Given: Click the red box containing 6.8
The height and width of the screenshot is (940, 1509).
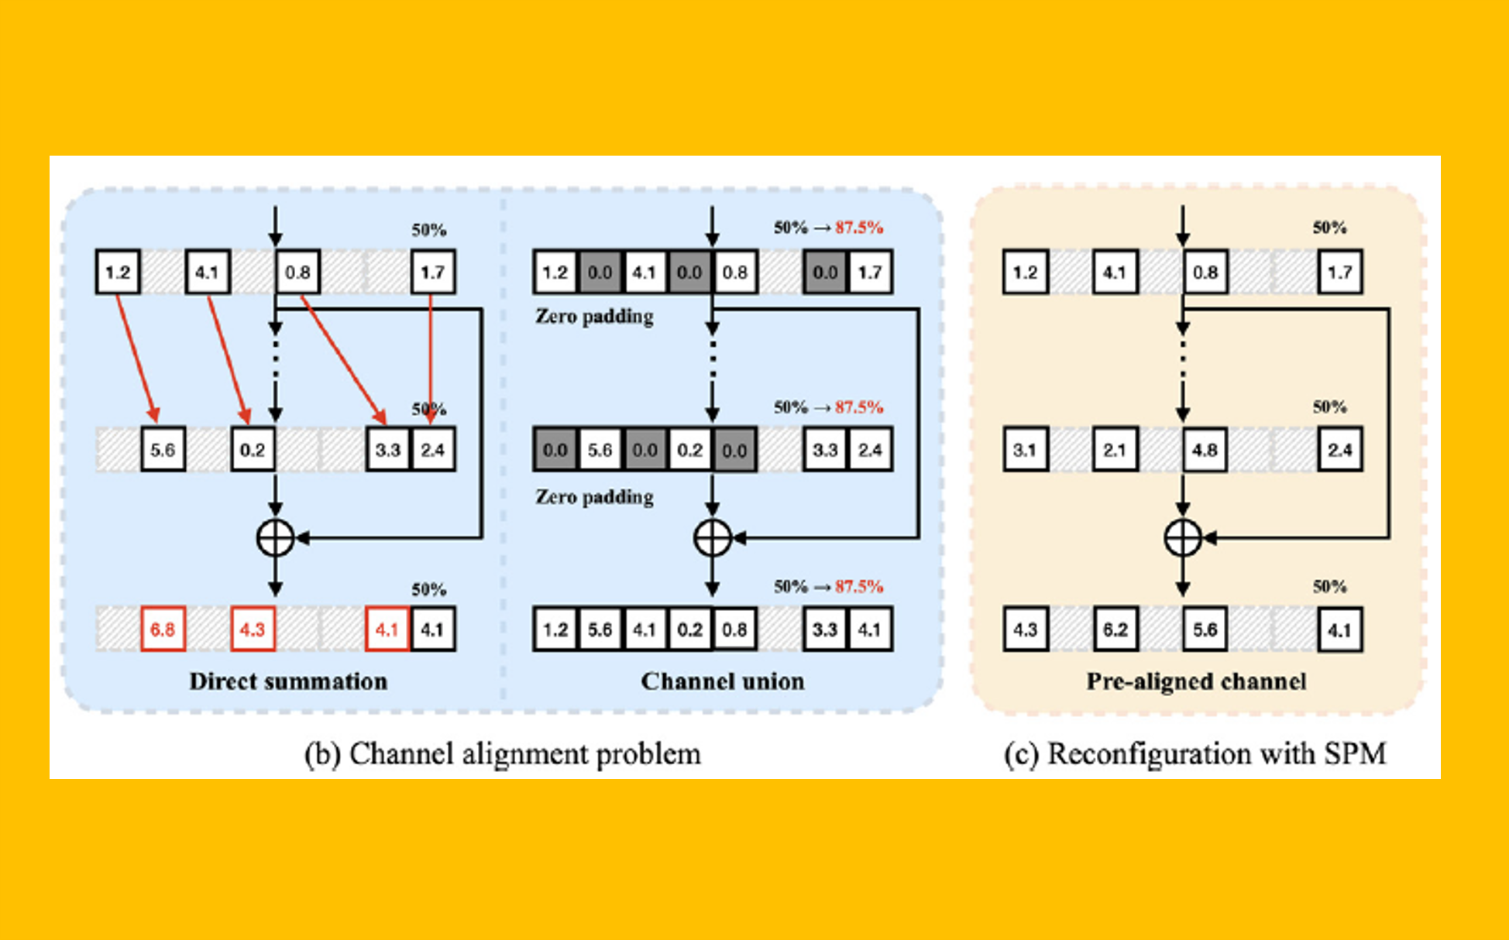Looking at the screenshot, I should tap(163, 629).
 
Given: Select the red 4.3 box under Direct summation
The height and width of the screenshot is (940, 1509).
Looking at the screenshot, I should tap(253, 629).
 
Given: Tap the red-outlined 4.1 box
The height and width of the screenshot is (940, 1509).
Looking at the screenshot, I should tap(387, 629).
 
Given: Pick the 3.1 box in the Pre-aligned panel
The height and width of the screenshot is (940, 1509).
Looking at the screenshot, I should tap(1025, 449).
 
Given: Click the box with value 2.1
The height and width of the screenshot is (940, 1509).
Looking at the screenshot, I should tap(1115, 449).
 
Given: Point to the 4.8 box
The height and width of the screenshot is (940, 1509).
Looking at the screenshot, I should tap(1205, 449).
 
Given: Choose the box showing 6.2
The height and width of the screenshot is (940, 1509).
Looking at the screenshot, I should tap(1115, 629).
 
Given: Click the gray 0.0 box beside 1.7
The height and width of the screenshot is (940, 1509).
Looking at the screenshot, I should tap(825, 272).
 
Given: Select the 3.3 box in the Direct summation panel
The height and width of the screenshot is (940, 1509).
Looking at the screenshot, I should tap(387, 449).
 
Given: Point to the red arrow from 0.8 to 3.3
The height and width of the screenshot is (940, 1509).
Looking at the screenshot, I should tap(342, 359).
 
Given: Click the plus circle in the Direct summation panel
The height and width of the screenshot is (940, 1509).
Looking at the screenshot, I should tap(275, 538).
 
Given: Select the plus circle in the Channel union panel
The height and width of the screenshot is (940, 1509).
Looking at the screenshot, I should tap(713, 538).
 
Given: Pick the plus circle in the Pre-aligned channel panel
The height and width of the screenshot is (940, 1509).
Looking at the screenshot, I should tap(1183, 538).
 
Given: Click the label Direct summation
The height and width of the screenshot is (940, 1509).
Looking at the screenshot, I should tap(288, 681).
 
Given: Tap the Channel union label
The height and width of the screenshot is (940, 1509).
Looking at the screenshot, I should tap(722, 681).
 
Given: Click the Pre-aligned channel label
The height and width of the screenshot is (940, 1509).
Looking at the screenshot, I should tap(1195, 681).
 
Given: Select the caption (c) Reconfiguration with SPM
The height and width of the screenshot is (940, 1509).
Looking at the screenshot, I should tap(1194, 753).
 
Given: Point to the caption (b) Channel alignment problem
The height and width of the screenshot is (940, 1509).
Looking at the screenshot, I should tap(502, 753).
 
